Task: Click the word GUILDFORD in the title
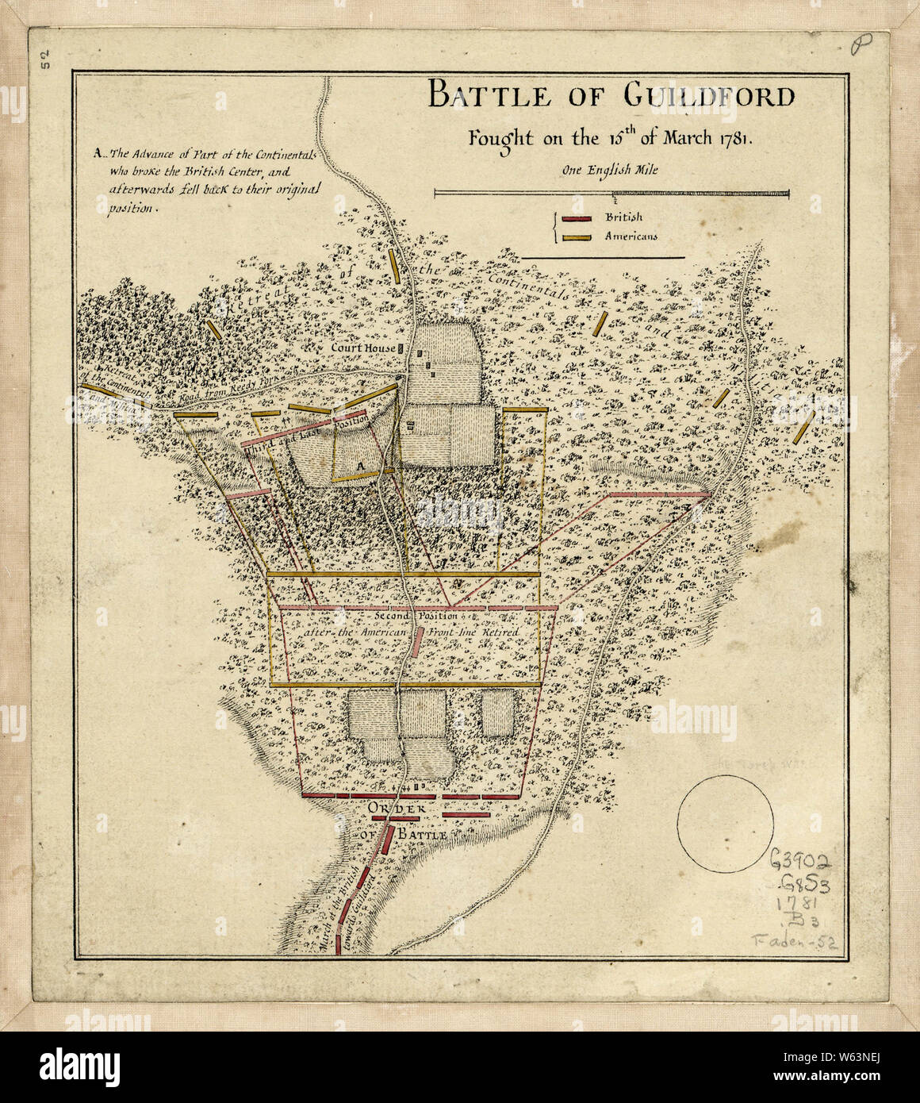pos(708,97)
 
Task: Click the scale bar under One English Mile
pos(611,192)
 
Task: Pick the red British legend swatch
pos(577,219)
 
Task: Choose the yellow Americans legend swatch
pos(577,236)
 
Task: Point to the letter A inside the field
pos(358,464)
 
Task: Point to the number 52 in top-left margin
pos(45,60)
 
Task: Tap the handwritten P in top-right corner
pos(857,48)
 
